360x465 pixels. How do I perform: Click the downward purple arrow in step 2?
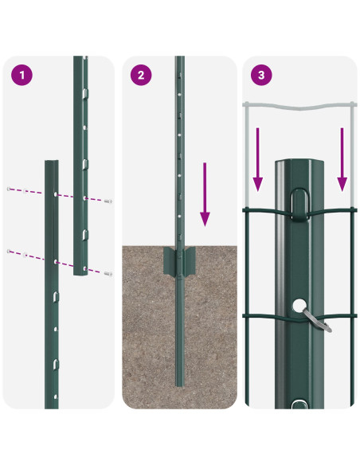(x=205, y=194)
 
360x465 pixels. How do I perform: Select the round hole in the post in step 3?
(x=298, y=305)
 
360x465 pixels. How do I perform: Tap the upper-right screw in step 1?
(x=108, y=200)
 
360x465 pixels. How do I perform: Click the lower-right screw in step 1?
(x=108, y=272)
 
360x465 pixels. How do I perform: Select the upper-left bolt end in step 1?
(x=10, y=190)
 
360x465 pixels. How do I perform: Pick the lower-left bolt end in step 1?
(x=10, y=252)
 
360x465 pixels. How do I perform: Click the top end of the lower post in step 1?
(x=51, y=162)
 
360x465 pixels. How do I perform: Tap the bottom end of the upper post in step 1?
(x=80, y=272)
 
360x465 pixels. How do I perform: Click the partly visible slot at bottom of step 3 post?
(x=299, y=404)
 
